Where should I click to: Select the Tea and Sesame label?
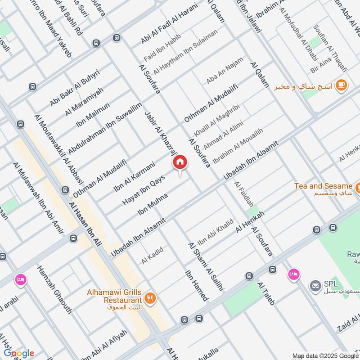tap(323, 186)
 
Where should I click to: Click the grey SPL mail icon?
tap(315, 285)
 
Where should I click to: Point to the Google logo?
tap(19, 353)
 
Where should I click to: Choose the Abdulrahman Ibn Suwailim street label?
tap(104, 128)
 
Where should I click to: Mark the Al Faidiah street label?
tap(243, 194)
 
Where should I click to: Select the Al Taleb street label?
tap(265, 293)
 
